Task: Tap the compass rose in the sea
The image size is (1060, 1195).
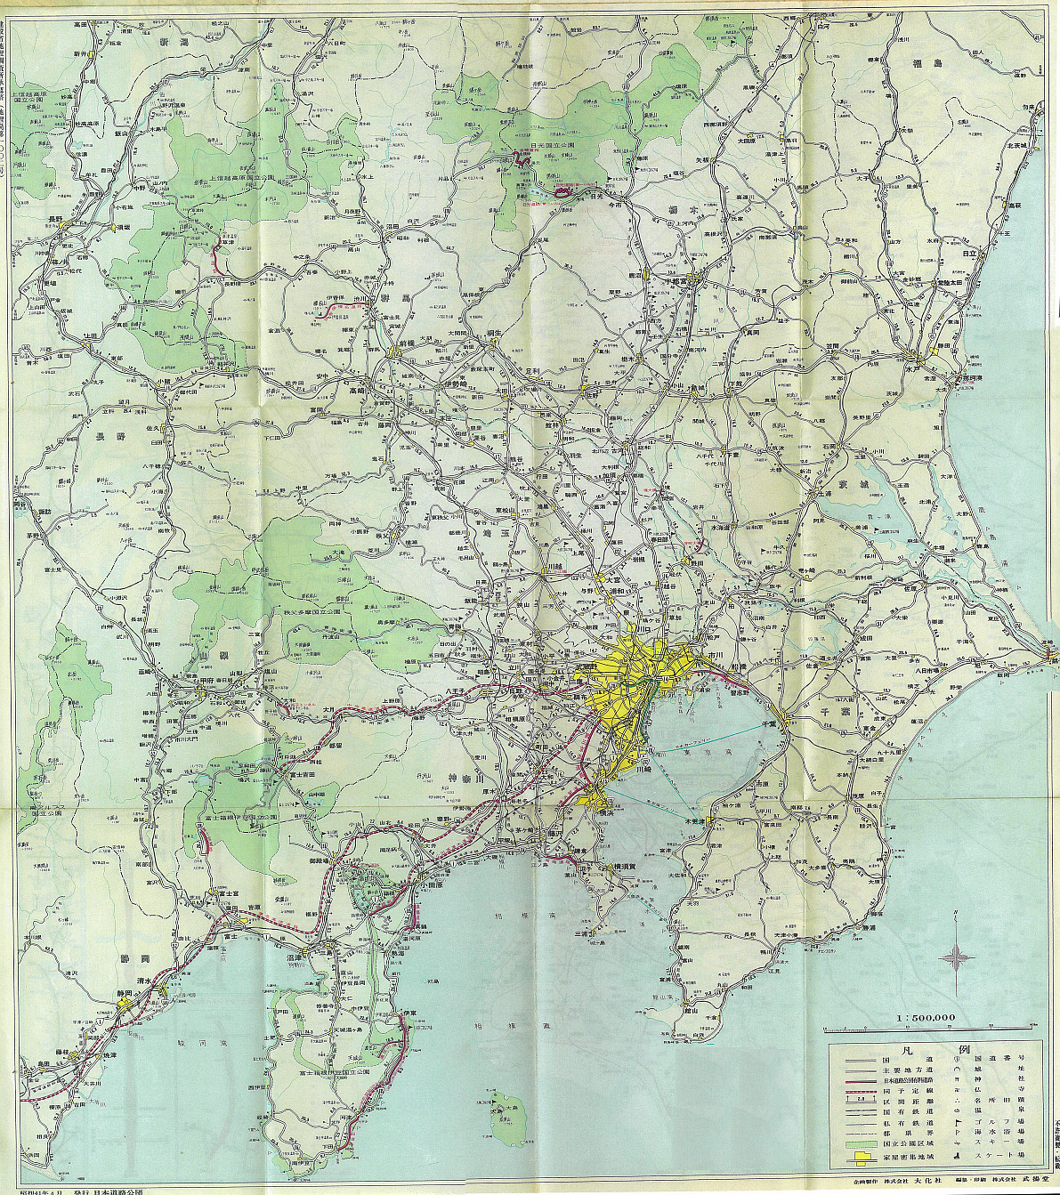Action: click(x=957, y=957)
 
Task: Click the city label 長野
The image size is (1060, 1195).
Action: click(x=55, y=219)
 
